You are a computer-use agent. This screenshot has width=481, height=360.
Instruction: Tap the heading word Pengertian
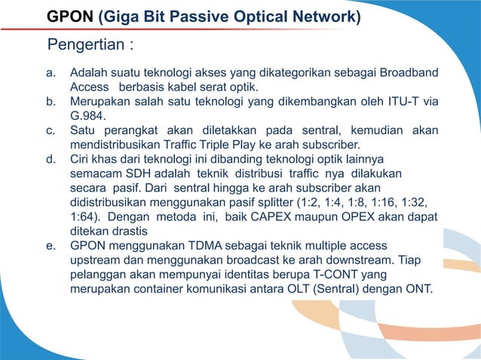[86, 44]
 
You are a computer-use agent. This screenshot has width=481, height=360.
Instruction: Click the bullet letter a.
[52, 73]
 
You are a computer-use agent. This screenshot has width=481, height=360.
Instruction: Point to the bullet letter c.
[52, 130]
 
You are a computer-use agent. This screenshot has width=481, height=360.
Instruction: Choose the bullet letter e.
[52, 246]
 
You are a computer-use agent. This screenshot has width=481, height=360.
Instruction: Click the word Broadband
[409, 73]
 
